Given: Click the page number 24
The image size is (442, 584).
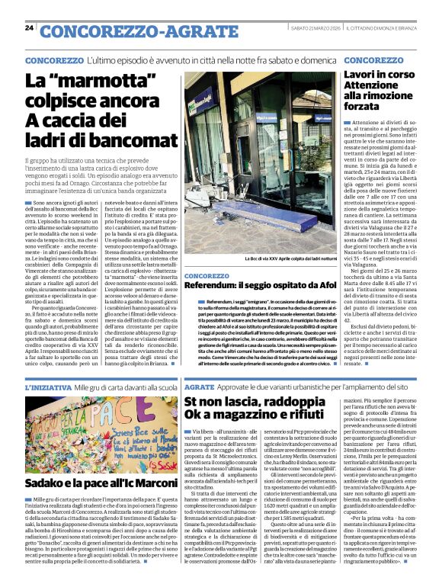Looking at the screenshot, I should coord(28,28).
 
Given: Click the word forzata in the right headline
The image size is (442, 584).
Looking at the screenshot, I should coord(368,106).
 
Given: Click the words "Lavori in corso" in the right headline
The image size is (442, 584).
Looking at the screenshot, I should coord(379,75).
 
